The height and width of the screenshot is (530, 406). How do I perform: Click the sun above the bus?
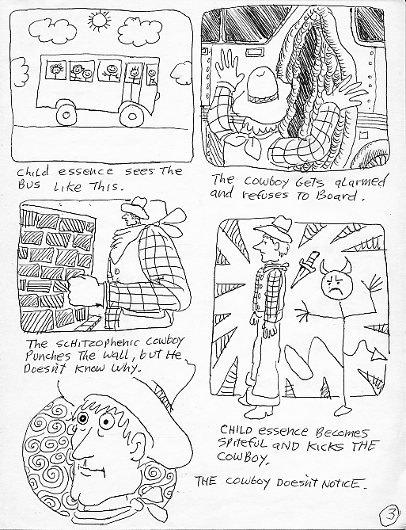99,20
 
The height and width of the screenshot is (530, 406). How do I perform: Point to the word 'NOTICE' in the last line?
343,484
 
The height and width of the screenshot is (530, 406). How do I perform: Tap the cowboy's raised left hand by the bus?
228,67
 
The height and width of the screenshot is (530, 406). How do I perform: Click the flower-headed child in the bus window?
55,71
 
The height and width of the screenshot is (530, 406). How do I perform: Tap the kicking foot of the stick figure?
344,410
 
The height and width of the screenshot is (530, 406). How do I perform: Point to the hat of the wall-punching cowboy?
136,208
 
